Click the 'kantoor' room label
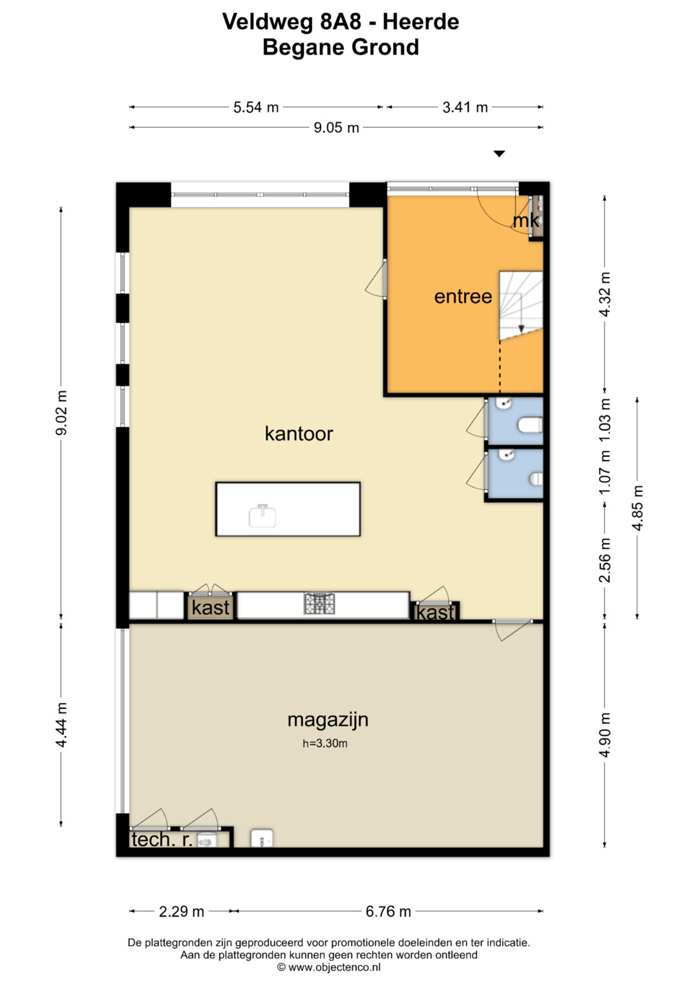tap(299, 433)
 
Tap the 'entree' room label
tap(463, 296)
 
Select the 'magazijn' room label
tap(328, 720)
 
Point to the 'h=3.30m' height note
tap(324, 743)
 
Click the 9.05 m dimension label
tap(336, 128)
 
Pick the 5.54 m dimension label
tap(256, 107)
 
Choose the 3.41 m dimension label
tap(465, 107)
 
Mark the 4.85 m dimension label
tap(638, 507)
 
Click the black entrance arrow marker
tap(499, 154)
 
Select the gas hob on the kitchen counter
tap(319, 604)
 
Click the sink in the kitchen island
tap(262, 515)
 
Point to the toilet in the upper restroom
tap(530, 426)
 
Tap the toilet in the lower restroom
tap(536, 478)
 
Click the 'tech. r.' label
tap(162, 839)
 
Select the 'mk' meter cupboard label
tap(526, 221)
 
